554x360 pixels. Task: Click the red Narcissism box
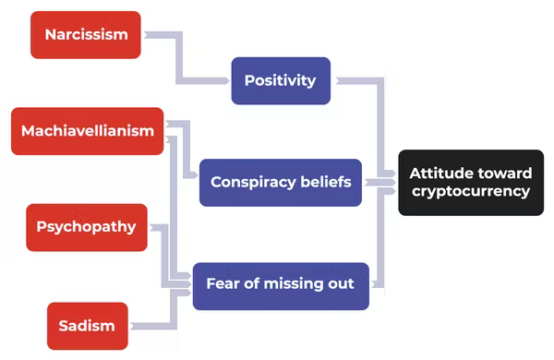85,35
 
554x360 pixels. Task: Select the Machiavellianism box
87,131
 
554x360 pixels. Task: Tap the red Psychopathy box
87,227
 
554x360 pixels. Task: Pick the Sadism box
87,325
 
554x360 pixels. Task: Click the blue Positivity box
280,80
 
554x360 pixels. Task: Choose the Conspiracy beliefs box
280,182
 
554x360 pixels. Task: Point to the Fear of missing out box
280,284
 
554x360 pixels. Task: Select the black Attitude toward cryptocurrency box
471,183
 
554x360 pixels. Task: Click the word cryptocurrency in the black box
471,192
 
